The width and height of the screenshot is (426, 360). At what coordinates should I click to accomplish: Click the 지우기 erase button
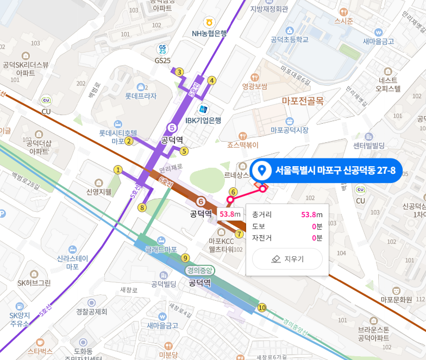287,259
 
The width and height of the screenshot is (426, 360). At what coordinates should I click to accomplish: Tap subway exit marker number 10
262,308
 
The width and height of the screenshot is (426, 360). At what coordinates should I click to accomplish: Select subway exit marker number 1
117,170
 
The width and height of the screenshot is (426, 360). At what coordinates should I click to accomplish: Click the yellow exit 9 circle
185,258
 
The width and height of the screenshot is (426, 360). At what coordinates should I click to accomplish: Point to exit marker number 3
179,72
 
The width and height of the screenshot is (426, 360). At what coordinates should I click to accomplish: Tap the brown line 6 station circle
201,201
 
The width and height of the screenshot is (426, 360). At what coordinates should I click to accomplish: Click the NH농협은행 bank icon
208,22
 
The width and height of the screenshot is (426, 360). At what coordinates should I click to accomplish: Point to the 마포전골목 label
303,100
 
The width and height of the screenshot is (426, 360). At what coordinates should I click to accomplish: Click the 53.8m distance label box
230,214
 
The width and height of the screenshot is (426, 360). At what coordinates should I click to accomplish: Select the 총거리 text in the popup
262,214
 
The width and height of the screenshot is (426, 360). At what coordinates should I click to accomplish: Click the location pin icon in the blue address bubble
262,171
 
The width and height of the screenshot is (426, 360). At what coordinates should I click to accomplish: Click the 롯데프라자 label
141,97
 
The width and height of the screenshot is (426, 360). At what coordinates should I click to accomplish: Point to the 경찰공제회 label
92,312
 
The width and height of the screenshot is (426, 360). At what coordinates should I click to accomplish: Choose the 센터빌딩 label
368,146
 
